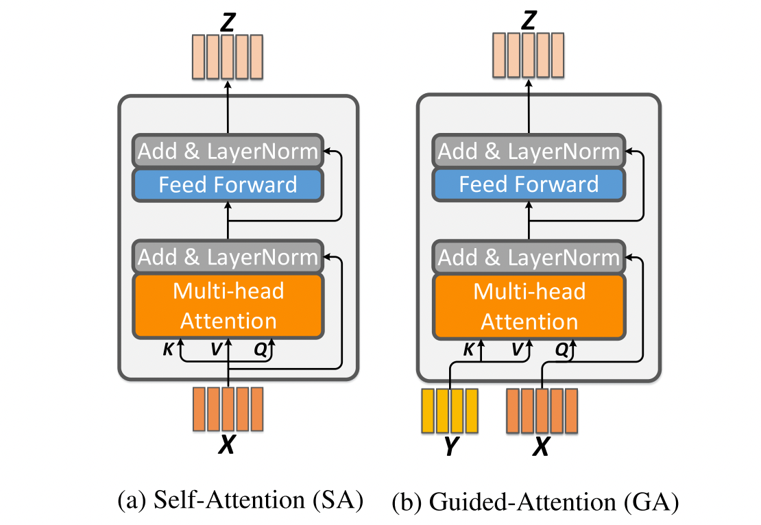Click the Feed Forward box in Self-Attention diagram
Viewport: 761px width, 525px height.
click(x=228, y=185)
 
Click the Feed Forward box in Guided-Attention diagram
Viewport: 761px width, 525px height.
click(x=529, y=185)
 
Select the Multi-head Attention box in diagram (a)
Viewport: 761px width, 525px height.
click(x=228, y=306)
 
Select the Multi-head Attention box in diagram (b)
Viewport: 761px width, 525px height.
click(x=529, y=306)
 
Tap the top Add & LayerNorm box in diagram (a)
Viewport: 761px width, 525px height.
click(x=228, y=151)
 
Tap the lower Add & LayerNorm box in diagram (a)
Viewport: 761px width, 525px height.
click(x=228, y=257)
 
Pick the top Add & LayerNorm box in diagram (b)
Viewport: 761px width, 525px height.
click(x=529, y=151)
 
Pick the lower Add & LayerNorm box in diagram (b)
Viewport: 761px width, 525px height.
click(x=529, y=257)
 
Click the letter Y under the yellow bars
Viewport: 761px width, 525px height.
click(x=450, y=447)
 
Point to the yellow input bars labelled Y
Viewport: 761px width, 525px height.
click(x=449, y=410)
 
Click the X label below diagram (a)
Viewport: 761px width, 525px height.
click(x=227, y=447)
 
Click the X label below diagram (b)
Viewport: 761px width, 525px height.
click(x=542, y=447)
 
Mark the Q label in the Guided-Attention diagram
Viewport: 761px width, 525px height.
click(x=561, y=350)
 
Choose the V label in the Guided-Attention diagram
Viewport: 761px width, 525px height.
click(x=518, y=350)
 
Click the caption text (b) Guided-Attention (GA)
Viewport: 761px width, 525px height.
click(x=535, y=503)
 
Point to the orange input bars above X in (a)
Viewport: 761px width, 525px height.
click(x=228, y=408)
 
